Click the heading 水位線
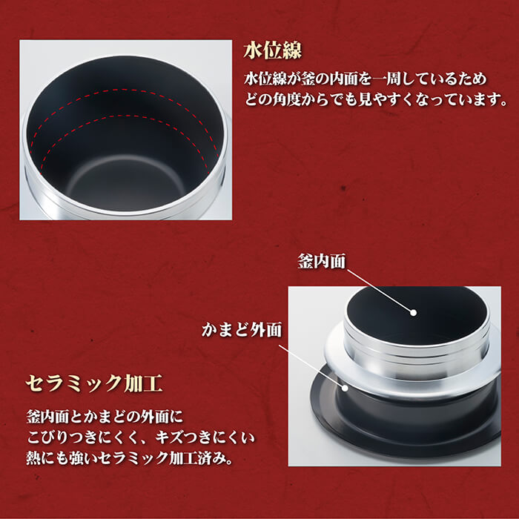coord(272,51)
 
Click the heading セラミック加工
coord(94,383)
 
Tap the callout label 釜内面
coord(321,261)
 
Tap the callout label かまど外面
coord(242,330)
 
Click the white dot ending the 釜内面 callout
coord(413,312)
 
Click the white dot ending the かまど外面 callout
coord(345,388)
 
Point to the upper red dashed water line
coord(124,90)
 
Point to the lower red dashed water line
coord(124,116)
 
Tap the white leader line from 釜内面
coord(380,291)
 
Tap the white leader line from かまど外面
coord(311,366)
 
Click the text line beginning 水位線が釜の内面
coord(366,79)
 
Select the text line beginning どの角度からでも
coord(376,99)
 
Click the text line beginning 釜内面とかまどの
coord(105,417)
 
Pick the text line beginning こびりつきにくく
coord(141,437)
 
